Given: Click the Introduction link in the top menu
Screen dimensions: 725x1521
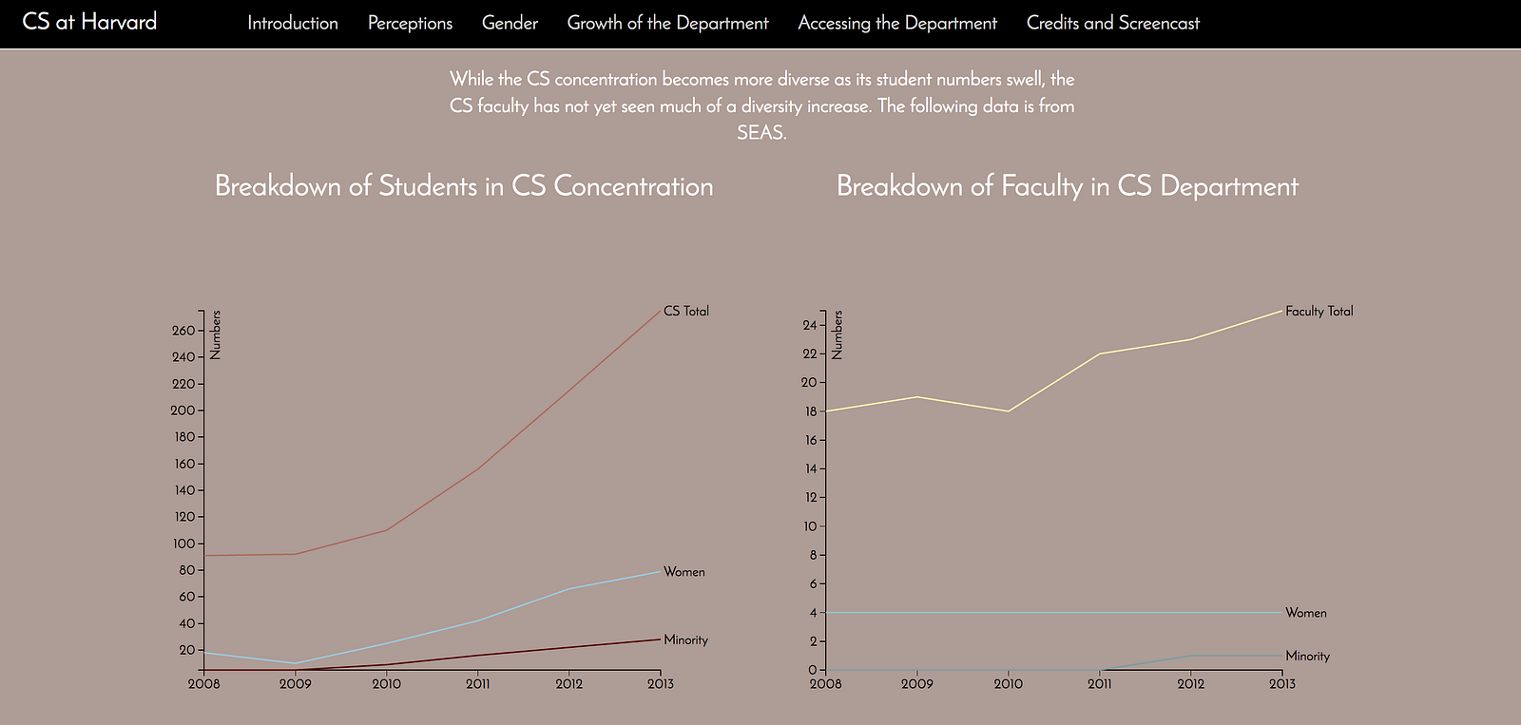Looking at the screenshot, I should pyautogui.click(x=292, y=23).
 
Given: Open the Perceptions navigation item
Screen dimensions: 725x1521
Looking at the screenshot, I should pyautogui.click(x=410, y=23).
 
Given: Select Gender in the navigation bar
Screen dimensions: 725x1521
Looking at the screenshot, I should pyautogui.click(x=510, y=23).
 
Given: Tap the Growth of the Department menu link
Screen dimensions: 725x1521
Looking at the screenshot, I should pyautogui.click(x=667, y=23).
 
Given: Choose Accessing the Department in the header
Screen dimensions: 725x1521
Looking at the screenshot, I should pyautogui.click(x=897, y=23).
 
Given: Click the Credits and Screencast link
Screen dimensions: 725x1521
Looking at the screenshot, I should pyautogui.click(x=1112, y=23).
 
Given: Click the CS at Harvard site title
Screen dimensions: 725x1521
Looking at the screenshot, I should pyautogui.click(x=89, y=22).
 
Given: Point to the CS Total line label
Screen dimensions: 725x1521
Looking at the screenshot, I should pyautogui.click(x=685, y=311).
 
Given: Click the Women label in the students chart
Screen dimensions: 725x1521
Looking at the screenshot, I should pyautogui.click(x=683, y=572).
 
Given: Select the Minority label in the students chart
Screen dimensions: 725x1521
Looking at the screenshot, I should pyautogui.click(x=685, y=639).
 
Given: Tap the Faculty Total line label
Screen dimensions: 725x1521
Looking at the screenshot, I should pyautogui.click(x=1319, y=311).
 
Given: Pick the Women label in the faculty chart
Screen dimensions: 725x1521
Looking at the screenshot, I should pyautogui.click(x=1305, y=613).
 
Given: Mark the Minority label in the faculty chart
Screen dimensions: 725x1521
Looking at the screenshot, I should pyautogui.click(x=1307, y=656).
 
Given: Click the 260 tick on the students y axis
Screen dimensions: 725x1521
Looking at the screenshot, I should pyautogui.click(x=183, y=331).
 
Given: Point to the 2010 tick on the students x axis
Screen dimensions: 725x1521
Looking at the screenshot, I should pyautogui.click(x=386, y=683).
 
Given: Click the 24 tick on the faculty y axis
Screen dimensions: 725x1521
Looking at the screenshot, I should pyautogui.click(x=809, y=325).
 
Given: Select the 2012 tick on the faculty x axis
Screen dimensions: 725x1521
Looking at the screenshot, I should pyautogui.click(x=1190, y=683).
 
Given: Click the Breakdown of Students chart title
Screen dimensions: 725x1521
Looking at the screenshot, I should pyautogui.click(x=464, y=185).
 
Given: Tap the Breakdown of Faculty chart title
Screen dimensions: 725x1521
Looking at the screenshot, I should pyautogui.click(x=1067, y=185).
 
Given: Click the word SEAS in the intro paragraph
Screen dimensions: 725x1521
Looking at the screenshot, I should pyautogui.click(x=760, y=133).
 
